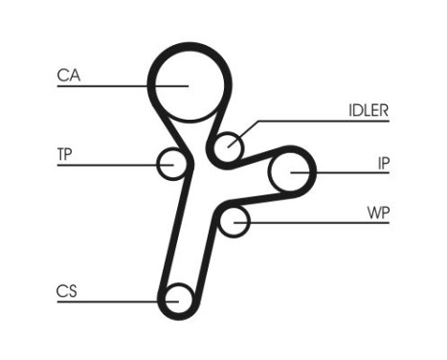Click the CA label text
(x=68, y=76)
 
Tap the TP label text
(x=65, y=153)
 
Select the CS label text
(x=67, y=291)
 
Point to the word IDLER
(x=369, y=110)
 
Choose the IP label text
(x=382, y=162)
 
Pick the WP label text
(x=379, y=211)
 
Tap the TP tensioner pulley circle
(x=171, y=164)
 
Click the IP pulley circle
(x=288, y=172)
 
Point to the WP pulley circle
(x=233, y=222)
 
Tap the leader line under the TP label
(x=105, y=166)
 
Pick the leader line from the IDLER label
(x=316, y=122)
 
